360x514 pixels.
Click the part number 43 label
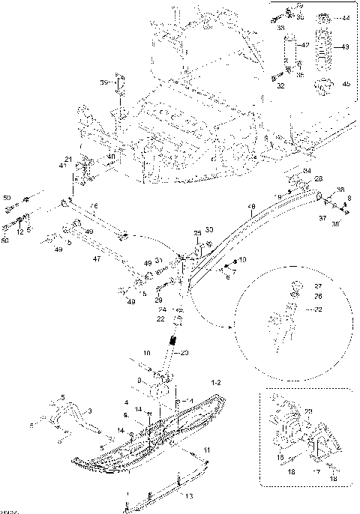346,46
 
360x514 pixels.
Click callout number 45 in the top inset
346,84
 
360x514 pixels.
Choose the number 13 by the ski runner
188,496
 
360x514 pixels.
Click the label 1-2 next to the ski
216,382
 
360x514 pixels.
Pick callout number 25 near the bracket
199,234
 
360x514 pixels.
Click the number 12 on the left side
20,232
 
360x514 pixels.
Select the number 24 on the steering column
161,309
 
